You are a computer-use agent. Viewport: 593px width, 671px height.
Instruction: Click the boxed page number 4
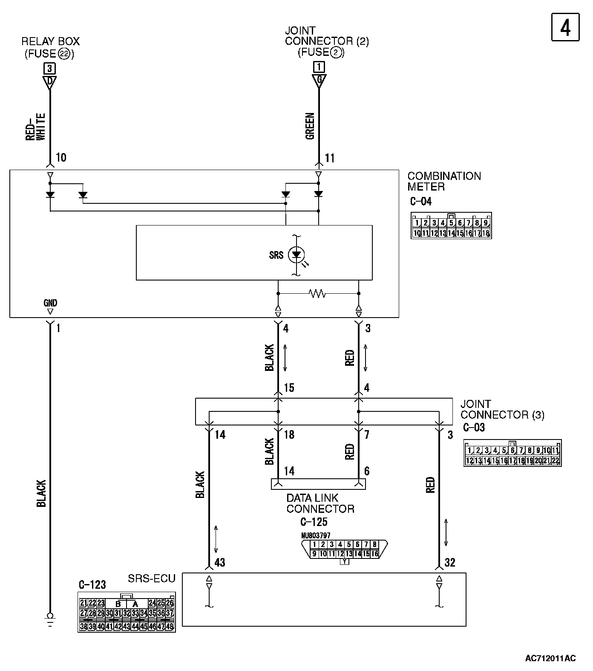(x=565, y=28)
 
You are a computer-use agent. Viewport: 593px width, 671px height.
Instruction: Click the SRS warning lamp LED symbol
(x=296, y=255)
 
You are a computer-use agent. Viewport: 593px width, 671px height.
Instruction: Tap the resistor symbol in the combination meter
(x=318, y=293)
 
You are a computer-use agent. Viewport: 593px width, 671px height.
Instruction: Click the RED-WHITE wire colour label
(x=36, y=127)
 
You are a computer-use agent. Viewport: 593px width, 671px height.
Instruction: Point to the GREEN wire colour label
(x=310, y=126)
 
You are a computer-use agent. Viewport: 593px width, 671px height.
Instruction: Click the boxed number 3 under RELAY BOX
(x=50, y=68)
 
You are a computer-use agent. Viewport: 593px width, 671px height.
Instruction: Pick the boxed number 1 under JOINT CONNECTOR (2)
(x=319, y=67)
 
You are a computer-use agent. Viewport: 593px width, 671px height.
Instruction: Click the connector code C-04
(x=420, y=202)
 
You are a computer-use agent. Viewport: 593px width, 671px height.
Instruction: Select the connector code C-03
(x=473, y=428)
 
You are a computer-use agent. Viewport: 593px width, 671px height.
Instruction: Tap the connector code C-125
(x=314, y=522)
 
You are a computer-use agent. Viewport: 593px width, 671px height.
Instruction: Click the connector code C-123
(x=92, y=584)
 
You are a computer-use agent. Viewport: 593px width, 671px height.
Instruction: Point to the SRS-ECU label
(x=152, y=578)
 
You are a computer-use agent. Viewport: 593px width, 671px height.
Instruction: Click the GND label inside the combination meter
(x=50, y=303)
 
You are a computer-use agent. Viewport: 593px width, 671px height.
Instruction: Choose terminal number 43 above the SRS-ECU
(x=219, y=563)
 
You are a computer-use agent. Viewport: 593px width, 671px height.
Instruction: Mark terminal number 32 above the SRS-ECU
(x=449, y=563)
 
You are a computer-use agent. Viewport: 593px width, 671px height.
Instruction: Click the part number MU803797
(x=316, y=535)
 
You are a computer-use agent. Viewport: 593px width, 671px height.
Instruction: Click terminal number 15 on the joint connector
(x=289, y=388)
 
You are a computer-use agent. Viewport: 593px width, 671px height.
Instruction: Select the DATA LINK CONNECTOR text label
(x=320, y=503)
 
